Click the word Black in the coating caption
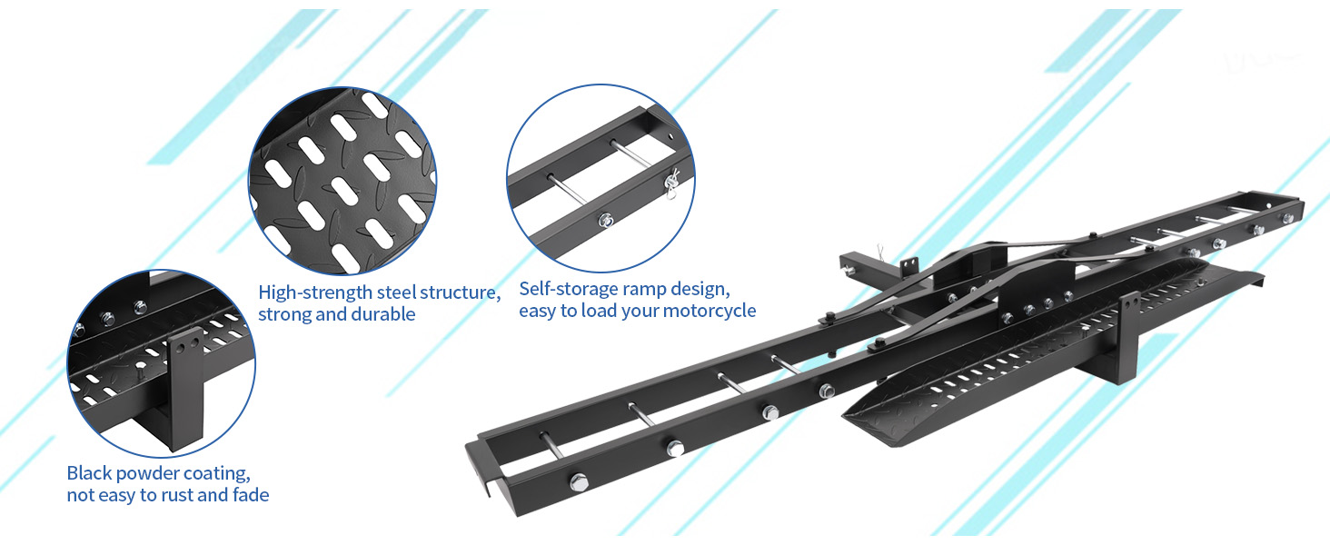click(90, 472)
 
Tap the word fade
click(251, 494)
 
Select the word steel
click(397, 292)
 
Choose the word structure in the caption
click(461, 292)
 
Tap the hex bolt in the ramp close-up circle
click(605, 220)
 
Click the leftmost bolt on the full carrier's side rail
click(579, 481)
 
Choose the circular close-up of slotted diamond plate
click(342, 181)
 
